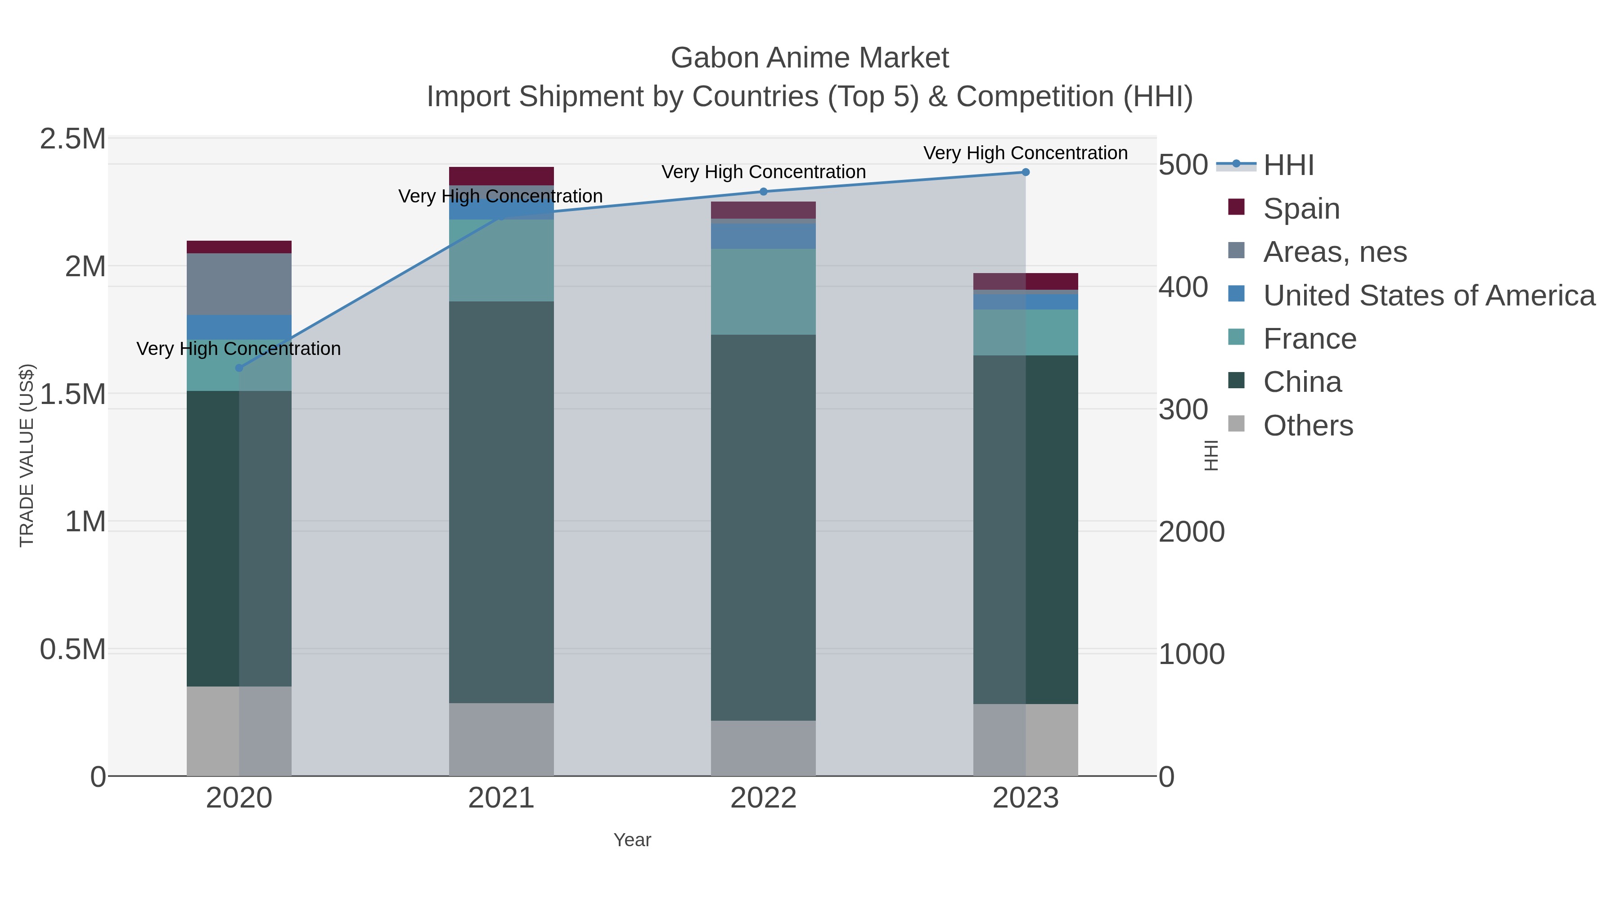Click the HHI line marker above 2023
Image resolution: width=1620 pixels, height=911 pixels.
[x=1025, y=172]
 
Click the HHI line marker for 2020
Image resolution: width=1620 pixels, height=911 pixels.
[x=239, y=368]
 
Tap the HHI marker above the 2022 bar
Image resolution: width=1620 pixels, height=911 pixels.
[x=764, y=192]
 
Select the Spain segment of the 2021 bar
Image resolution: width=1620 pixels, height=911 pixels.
[x=501, y=176]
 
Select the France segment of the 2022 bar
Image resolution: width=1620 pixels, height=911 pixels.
[x=764, y=291]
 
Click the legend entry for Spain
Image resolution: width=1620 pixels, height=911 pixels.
[x=1300, y=209]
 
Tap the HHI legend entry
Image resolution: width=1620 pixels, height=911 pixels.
[x=1288, y=166]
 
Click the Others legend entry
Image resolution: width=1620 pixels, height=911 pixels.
[x=1307, y=426]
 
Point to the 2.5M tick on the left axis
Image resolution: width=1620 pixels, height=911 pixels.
[x=73, y=139]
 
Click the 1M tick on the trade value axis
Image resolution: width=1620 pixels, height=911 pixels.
[x=85, y=522]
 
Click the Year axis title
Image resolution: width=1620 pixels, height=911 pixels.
[x=632, y=840]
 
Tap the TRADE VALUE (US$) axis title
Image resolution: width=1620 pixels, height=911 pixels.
[x=27, y=455]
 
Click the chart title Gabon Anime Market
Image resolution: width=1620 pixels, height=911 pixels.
[x=810, y=58]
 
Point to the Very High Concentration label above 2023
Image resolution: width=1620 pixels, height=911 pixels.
[x=1025, y=153]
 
